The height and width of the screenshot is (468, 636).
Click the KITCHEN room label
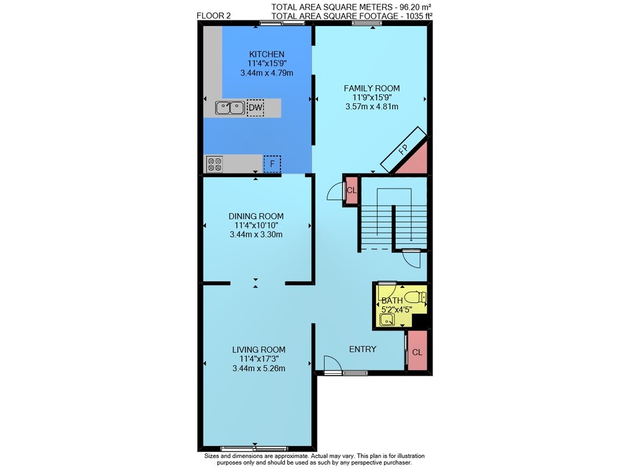[x=266, y=54]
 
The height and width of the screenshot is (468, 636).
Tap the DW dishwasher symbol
[x=255, y=108]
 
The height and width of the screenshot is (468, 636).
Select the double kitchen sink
[x=230, y=108]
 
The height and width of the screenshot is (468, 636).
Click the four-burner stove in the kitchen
[x=214, y=164]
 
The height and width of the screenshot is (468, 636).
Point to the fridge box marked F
[x=272, y=164]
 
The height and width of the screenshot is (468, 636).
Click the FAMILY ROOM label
[x=371, y=88]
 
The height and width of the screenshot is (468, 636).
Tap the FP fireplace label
[x=403, y=150]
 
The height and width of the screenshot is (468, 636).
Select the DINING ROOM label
[x=256, y=216]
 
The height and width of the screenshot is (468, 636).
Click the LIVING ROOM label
[x=259, y=350]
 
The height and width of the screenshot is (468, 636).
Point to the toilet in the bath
[x=415, y=297]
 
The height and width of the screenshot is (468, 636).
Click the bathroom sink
[x=387, y=320]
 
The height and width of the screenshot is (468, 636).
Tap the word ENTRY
[x=363, y=349]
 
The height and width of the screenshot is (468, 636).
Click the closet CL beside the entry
[x=417, y=352]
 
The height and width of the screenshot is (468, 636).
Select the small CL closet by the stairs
[x=351, y=190]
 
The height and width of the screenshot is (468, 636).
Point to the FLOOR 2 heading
[x=213, y=15]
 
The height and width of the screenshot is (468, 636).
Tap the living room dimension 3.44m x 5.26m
[x=259, y=369]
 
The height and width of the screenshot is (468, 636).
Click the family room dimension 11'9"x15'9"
[x=372, y=97]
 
